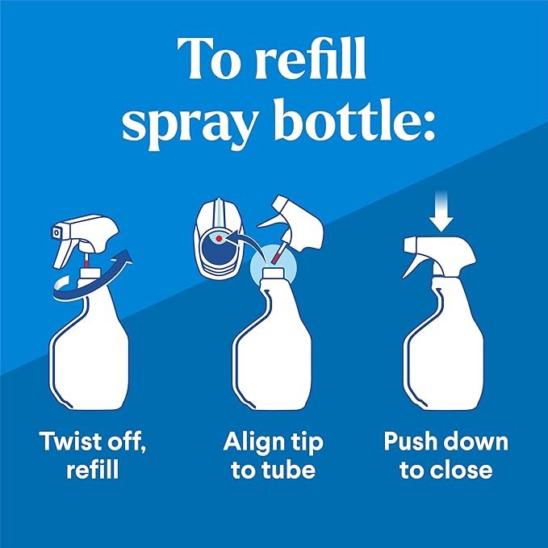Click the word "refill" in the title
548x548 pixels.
[x=311, y=58]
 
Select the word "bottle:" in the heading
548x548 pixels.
[x=355, y=119]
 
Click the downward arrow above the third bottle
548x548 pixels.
[x=441, y=211]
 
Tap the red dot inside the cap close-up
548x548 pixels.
[x=219, y=238]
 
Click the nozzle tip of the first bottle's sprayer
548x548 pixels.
[x=56, y=232]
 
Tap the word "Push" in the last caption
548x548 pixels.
[x=407, y=441]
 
